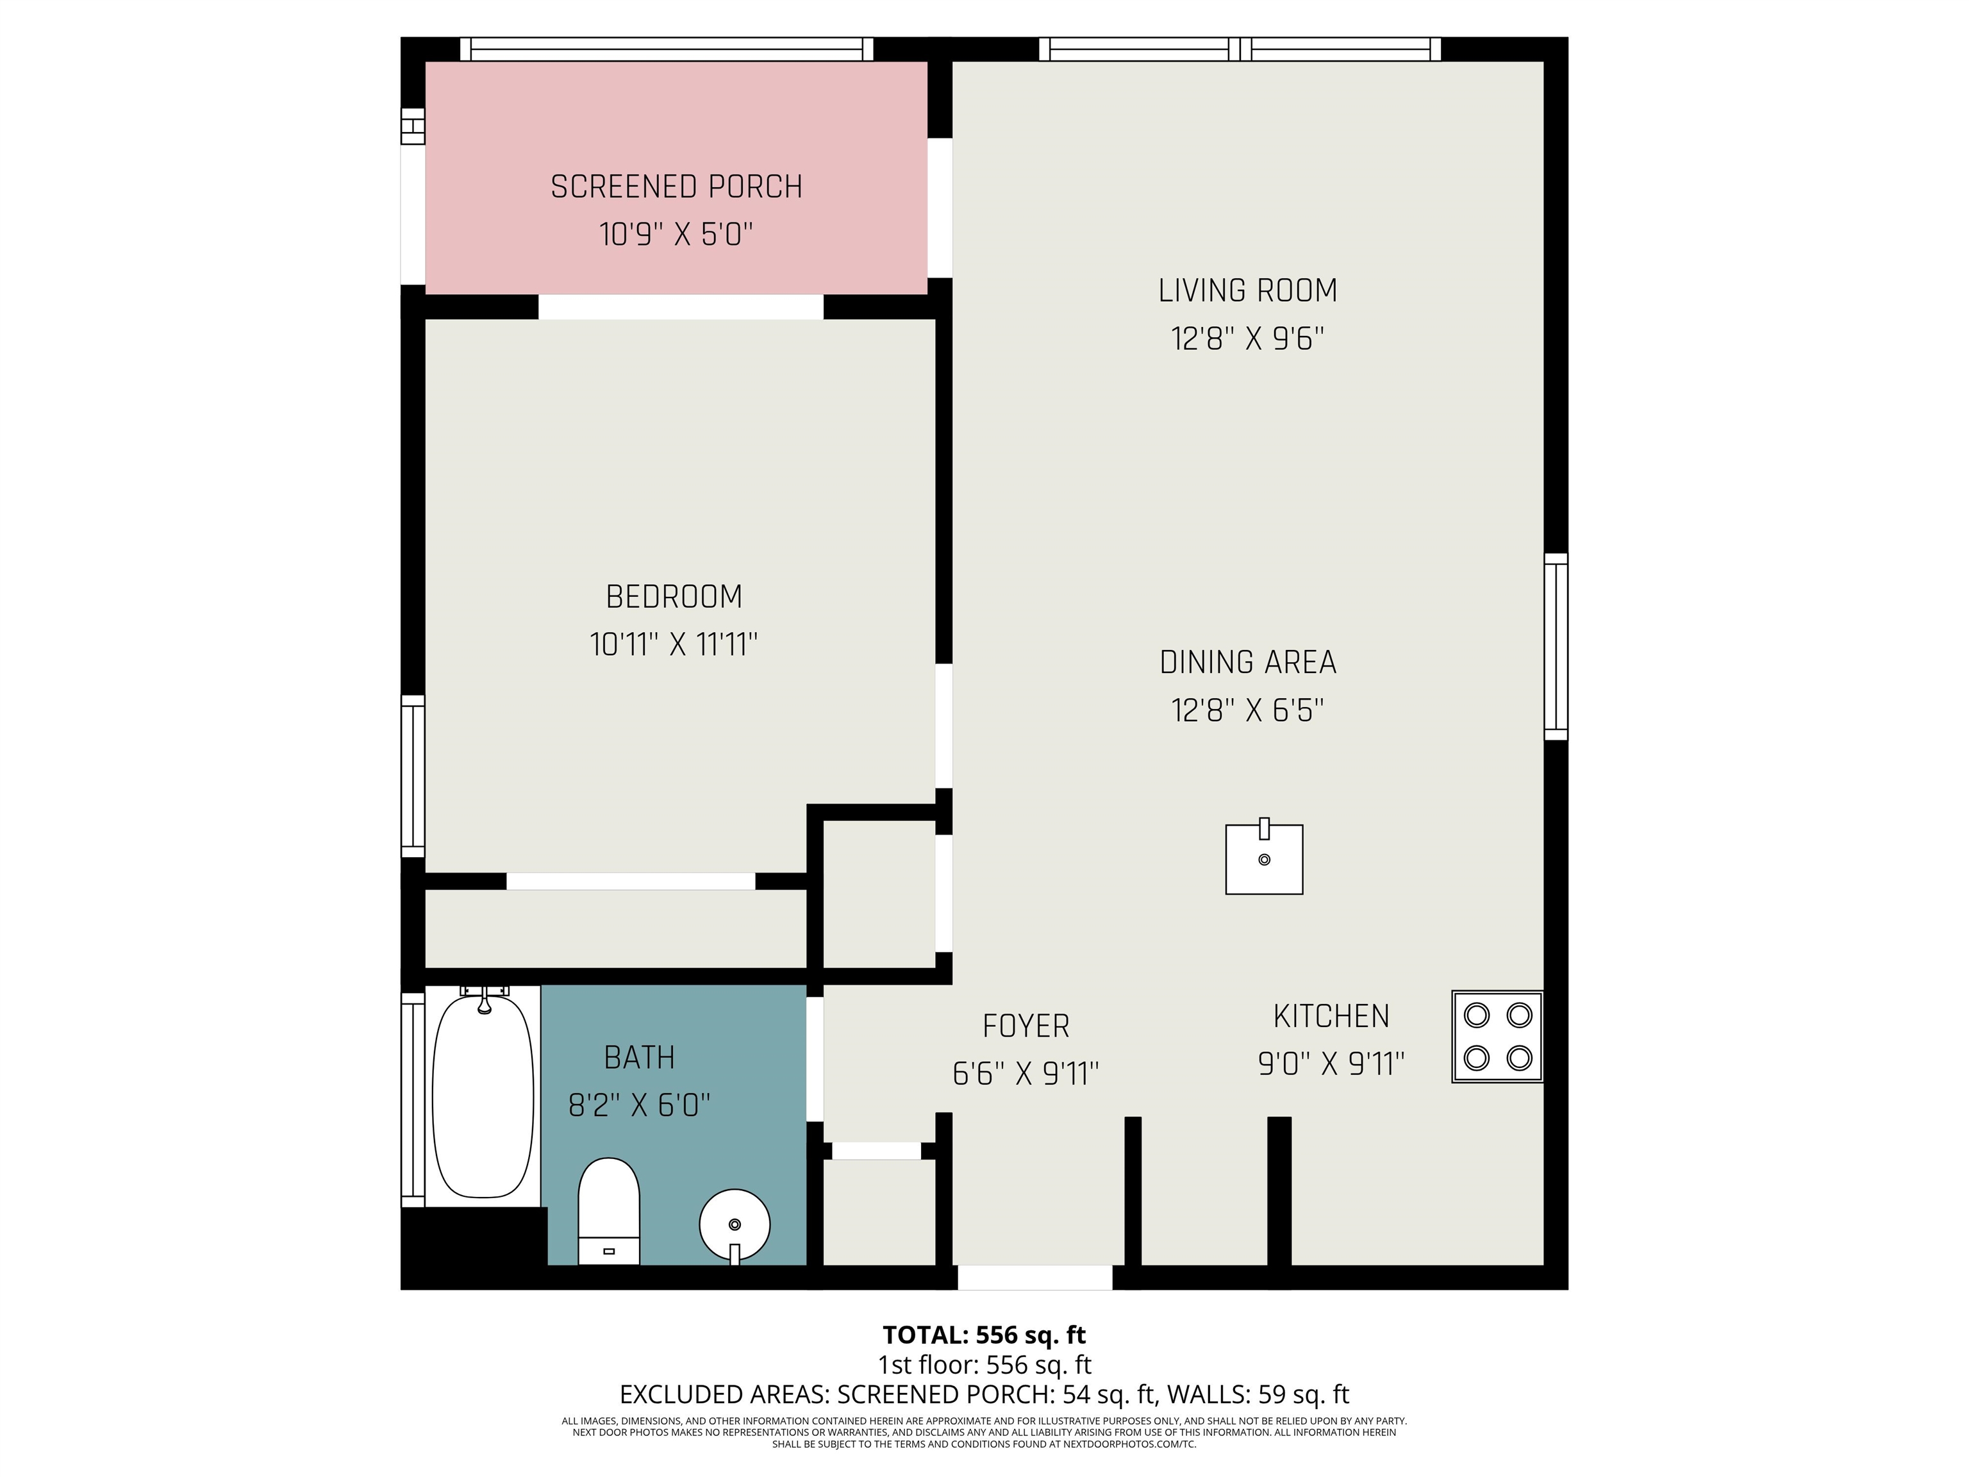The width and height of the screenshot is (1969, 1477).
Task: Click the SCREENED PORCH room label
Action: pos(676,187)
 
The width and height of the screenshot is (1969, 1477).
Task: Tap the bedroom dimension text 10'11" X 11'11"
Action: pos(674,644)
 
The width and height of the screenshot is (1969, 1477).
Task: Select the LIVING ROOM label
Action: pos(1247,291)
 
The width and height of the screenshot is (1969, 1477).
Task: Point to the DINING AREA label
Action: pos(1248,662)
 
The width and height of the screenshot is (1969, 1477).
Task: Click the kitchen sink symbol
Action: pos(1264,856)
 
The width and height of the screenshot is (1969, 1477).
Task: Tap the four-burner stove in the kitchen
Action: pos(1497,1037)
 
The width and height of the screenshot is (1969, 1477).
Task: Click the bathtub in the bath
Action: pos(483,1094)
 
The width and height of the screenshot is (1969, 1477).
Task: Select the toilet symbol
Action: pos(609,1211)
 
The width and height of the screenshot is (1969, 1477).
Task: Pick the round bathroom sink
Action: pos(735,1226)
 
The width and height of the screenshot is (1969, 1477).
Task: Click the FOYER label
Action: pos(1026,1026)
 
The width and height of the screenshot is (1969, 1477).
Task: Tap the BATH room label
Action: pos(639,1058)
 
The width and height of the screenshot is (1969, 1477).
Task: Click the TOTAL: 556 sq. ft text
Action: pos(984,1335)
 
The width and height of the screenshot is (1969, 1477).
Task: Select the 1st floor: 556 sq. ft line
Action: pos(984,1365)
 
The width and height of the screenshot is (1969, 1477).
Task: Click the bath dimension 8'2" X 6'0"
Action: pos(639,1106)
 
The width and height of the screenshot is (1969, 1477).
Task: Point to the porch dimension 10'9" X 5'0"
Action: pos(676,235)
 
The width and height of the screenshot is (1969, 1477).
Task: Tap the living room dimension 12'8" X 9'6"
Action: pos(1247,339)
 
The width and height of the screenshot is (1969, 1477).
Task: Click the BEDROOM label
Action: pos(674,596)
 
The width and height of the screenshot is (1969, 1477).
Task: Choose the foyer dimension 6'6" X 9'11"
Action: pos(1026,1074)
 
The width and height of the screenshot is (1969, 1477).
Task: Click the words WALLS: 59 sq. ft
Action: pos(1258,1394)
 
